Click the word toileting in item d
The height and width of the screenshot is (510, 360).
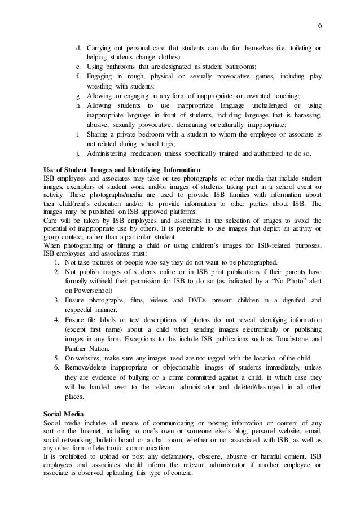(x=298, y=46)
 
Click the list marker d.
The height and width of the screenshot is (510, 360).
(x=78, y=46)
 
